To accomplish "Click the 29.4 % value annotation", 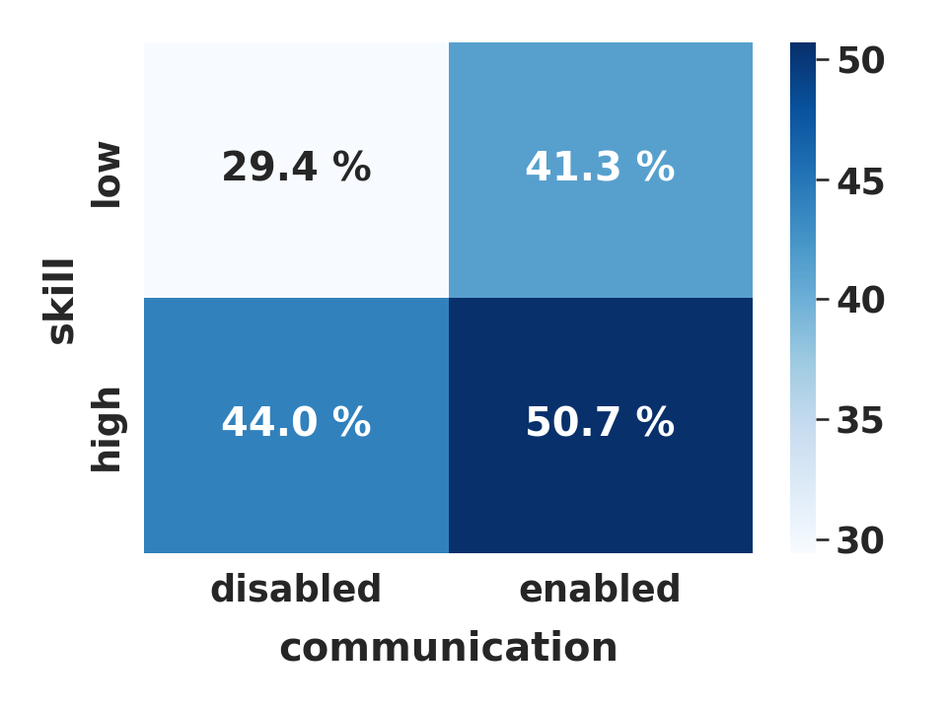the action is pos(296,167).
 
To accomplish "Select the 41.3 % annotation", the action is pos(600,167).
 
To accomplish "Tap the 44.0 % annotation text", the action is pos(296,421).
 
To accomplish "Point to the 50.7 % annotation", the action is pos(600,421).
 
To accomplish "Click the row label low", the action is pos(107,175).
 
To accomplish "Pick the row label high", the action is pos(107,429).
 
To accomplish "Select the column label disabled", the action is pos(296,589).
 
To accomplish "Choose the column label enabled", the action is pos(600,589).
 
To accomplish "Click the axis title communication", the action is pos(449,647).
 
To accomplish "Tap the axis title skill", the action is pos(60,302).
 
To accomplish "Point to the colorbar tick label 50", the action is pos(860,60).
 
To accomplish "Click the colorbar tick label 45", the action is pos(860,181).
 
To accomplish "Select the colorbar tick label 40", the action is pos(860,300).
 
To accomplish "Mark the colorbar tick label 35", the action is pos(860,420).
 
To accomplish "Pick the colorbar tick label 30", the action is pos(860,539).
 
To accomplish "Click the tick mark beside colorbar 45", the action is pos(823,179).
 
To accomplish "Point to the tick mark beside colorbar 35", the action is pos(823,419).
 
